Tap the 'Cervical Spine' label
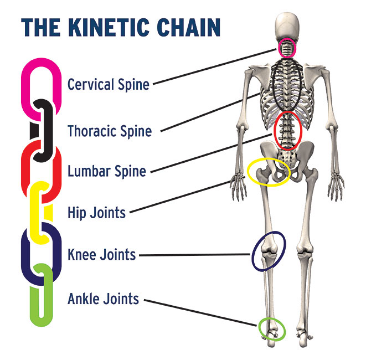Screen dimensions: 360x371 tap(109, 85)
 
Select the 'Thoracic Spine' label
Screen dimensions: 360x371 tap(109, 131)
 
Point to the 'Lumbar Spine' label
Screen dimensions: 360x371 tap(107, 171)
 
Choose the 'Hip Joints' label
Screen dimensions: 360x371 tap(96, 212)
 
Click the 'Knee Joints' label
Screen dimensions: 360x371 tap(101, 255)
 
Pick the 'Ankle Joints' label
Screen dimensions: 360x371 tap(103, 299)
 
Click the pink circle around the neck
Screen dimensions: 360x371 tap(287, 49)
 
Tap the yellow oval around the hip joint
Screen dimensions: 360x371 tap(268, 172)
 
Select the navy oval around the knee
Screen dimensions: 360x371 tap(269, 251)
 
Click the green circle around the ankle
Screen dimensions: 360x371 tap(272, 329)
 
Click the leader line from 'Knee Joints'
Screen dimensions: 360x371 tap(194, 255)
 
